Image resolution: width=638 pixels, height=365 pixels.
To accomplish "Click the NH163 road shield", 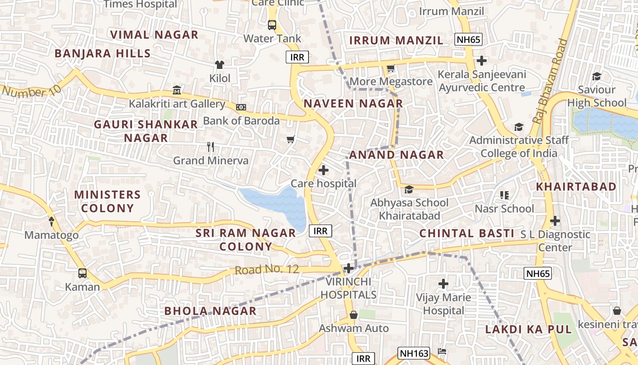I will point(414,353).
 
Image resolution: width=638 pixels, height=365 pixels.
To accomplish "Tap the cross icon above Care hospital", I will point(324,170).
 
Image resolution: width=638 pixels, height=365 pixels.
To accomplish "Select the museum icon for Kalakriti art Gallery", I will point(177,90).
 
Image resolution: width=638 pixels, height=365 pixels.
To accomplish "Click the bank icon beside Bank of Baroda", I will point(241,107).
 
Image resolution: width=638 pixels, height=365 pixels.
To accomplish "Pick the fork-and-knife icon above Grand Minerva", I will point(211,147).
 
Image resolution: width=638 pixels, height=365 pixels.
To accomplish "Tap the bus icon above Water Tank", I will point(272,25).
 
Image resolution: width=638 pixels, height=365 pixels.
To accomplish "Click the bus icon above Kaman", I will point(82,273).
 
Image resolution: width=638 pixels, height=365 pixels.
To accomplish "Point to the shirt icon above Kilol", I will point(220,65).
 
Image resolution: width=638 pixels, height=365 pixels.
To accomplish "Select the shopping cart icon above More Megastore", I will point(391,68).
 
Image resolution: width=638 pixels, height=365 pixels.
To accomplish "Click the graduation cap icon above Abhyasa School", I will point(409,189).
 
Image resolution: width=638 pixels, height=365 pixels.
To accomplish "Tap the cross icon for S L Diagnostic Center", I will point(555,221).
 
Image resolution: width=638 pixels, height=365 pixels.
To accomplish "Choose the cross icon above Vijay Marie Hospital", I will point(443,284).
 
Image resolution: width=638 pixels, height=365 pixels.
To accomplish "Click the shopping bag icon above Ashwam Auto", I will point(353,315).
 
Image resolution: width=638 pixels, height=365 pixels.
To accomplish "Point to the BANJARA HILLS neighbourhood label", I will point(103,53).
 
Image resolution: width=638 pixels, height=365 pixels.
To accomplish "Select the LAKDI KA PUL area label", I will point(528,329).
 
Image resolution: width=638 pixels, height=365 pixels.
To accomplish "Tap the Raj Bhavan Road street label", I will point(551,81).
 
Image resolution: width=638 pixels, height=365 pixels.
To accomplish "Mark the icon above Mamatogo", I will point(51,222).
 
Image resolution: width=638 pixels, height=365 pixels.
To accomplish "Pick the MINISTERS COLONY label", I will point(107,201).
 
